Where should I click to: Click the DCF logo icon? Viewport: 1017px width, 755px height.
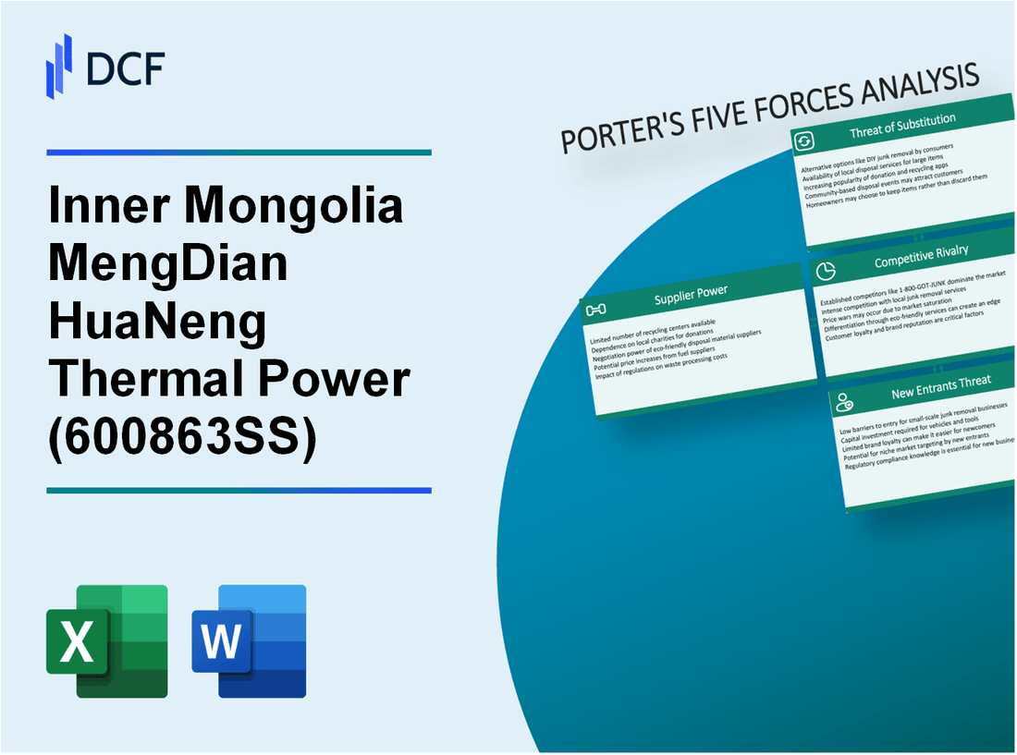coord(58,65)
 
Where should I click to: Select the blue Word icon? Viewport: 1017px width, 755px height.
coord(249,640)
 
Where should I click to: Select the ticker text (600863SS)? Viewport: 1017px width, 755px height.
coord(181,439)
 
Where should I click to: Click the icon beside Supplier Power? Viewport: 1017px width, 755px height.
coord(596,309)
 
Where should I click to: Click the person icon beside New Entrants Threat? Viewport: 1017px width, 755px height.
coord(844,401)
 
